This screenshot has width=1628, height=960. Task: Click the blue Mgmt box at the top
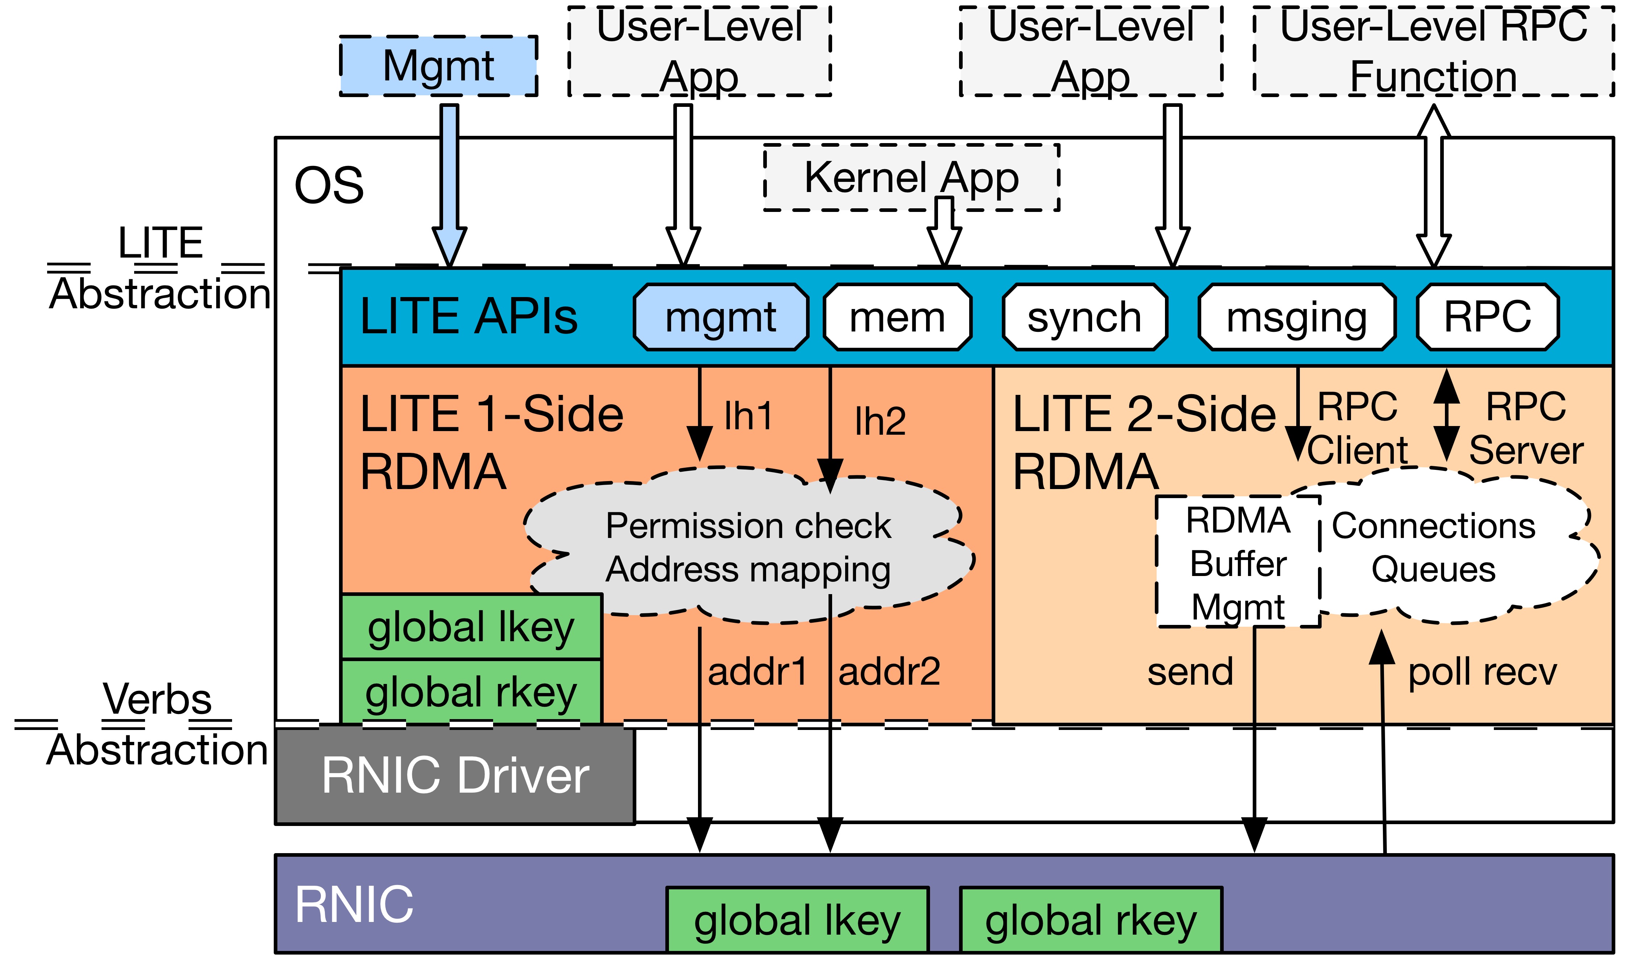click(x=438, y=66)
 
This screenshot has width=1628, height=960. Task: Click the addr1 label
click(x=757, y=672)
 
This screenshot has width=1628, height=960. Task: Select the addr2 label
click(x=889, y=672)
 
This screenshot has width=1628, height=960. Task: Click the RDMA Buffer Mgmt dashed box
click(x=1237, y=562)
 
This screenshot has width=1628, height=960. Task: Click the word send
click(x=1190, y=672)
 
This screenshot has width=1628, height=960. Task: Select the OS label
click(x=329, y=185)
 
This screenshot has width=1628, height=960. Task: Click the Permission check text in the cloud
click(x=748, y=525)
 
